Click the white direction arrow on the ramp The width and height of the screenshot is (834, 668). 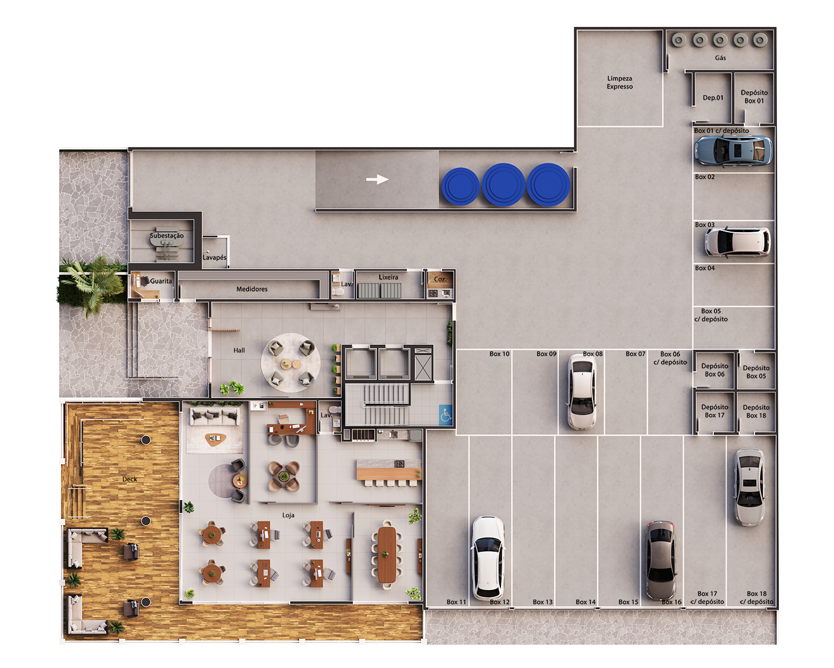[377, 179]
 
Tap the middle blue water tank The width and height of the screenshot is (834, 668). [503, 184]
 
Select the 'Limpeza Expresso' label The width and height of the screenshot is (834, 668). [619, 82]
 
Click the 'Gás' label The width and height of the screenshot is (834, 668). [720, 58]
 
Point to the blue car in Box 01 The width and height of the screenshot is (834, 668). [733, 150]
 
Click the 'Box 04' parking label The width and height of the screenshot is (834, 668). [704, 268]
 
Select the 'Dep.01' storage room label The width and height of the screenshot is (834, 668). [713, 98]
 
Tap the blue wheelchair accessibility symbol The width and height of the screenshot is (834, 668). [445, 415]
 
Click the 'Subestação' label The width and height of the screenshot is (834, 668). [166, 236]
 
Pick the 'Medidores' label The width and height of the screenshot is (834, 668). [252, 289]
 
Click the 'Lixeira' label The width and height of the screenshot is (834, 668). [388, 277]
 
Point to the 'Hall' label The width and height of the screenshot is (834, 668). [239, 351]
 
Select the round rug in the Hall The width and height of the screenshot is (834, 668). [290, 363]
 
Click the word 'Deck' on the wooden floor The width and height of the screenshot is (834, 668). [130, 479]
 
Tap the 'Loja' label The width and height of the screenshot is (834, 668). [288, 515]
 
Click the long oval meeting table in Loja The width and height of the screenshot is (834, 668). [387, 554]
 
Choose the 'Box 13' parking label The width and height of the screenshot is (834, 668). [543, 602]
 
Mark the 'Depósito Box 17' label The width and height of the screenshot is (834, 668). [714, 411]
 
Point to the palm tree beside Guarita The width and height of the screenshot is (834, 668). [92, 281]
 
